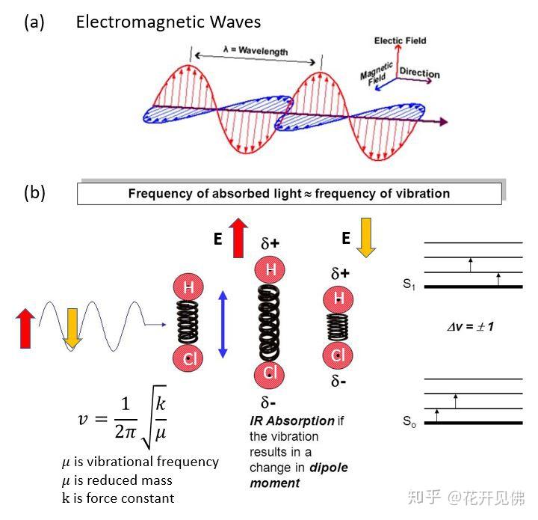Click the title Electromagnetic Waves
(168, 22)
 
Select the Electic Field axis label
(400, 40)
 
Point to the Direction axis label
(419, 73)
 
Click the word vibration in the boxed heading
(423, 193)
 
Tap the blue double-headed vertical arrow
(222, 324)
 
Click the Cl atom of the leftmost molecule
(189, 358)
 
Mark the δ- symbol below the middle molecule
(270, 403)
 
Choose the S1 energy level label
(409, 284)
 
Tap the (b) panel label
(34, 192)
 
